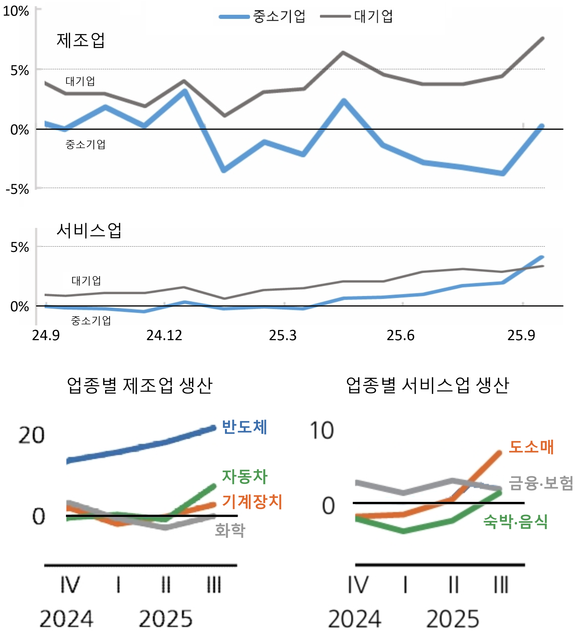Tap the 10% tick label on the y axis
[16, 11]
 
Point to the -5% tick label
[18, 189]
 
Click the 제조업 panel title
[80, 41]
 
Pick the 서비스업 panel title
[89, 231]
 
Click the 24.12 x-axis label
[164, 335]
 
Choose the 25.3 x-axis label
[282, 335]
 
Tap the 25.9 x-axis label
[521, 335]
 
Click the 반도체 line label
[244, 427]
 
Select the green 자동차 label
[245, 477]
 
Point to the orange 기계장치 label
[252, 502]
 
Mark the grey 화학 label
[230, 531]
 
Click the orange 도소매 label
[531, 447]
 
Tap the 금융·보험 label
[541, 483]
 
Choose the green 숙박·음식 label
[515, 522]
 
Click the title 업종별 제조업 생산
[140, 386]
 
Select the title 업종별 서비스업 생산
[427, 386]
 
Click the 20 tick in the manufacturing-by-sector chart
[31, 435]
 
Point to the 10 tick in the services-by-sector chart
[322, 431]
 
